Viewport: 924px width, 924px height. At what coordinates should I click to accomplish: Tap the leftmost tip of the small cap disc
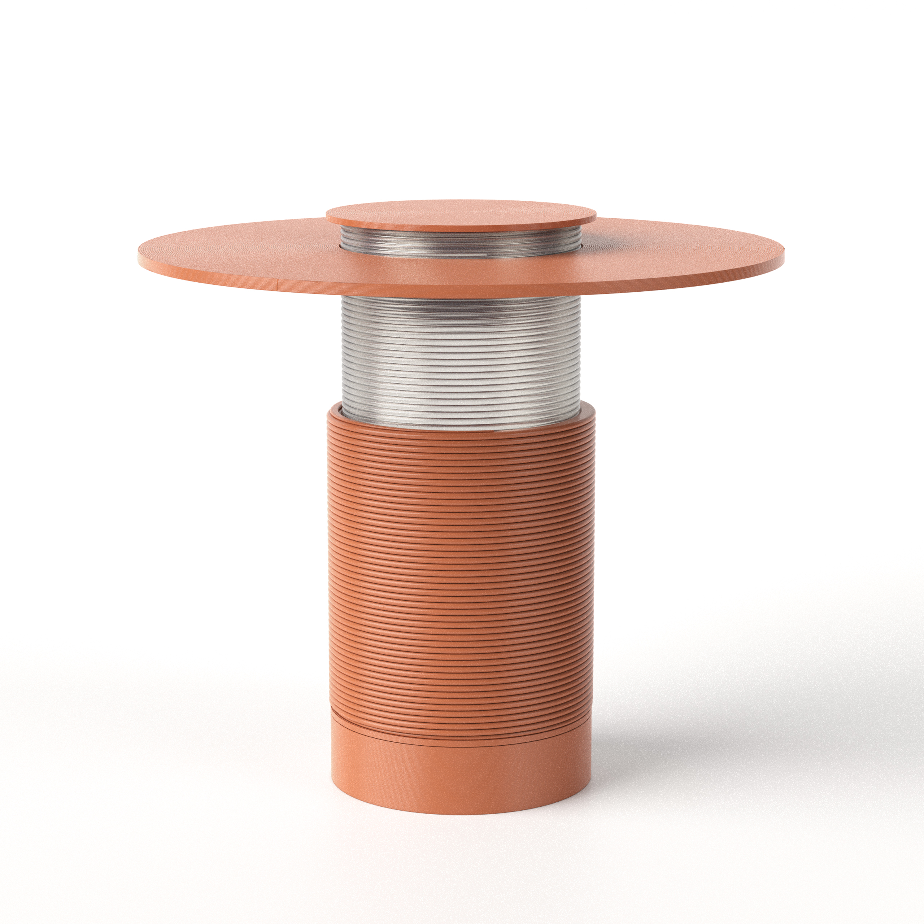click(327, 218)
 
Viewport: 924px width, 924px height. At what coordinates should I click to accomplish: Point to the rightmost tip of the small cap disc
click(596, 217)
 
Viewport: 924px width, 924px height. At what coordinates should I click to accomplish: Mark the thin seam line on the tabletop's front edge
click(278, 286)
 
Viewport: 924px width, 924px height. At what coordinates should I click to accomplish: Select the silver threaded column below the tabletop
click(461, 354)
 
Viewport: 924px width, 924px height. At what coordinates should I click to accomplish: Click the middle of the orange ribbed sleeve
click(461, 565)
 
